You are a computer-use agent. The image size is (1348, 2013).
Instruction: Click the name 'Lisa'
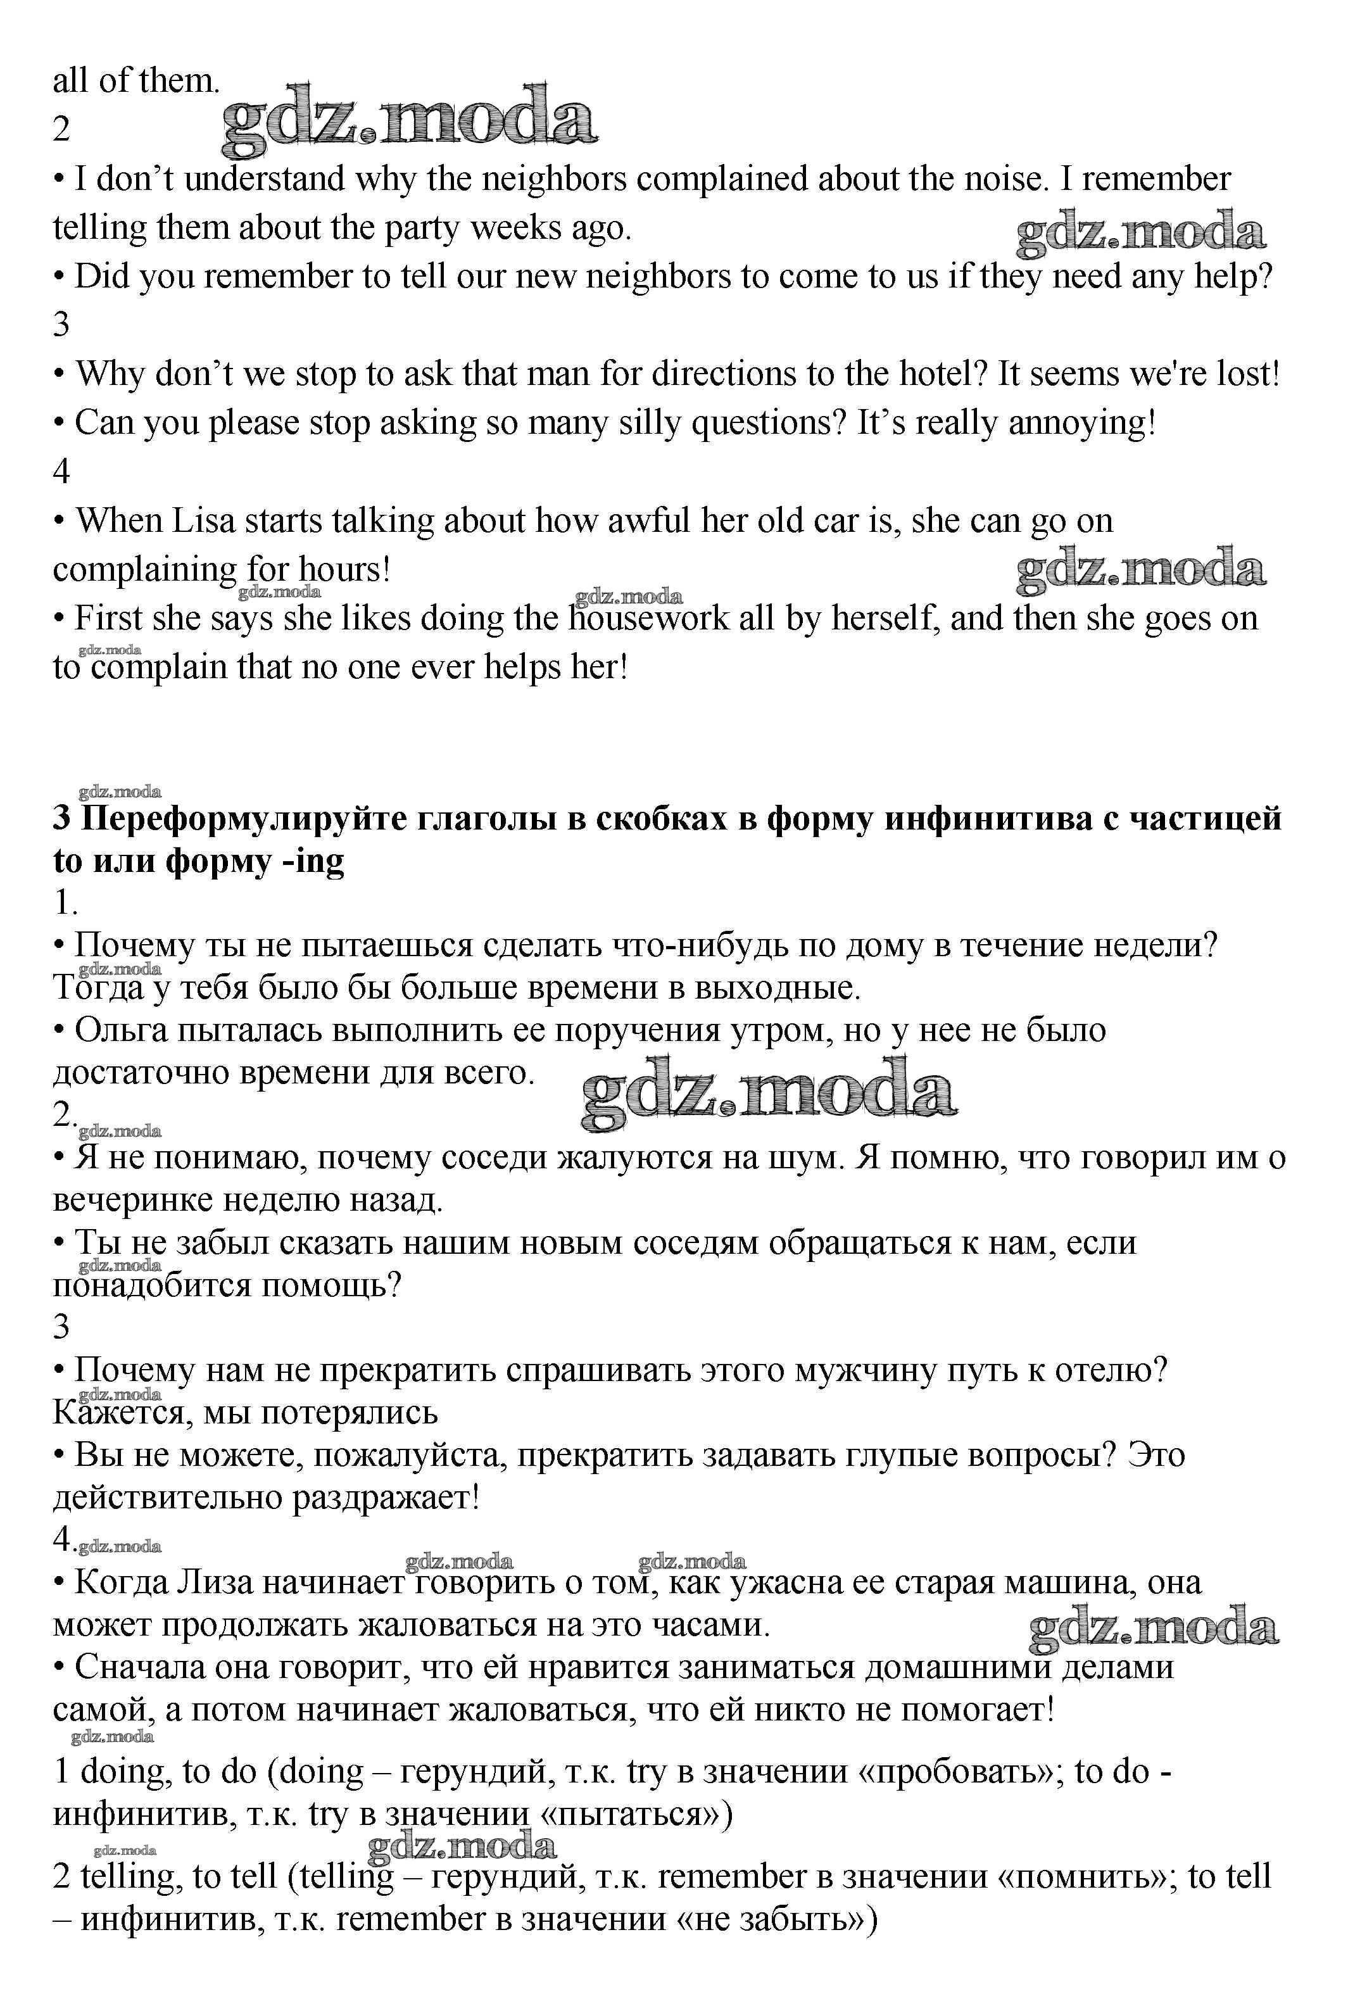[204, 522]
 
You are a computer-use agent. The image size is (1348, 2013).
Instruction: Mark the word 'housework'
[648, 619]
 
